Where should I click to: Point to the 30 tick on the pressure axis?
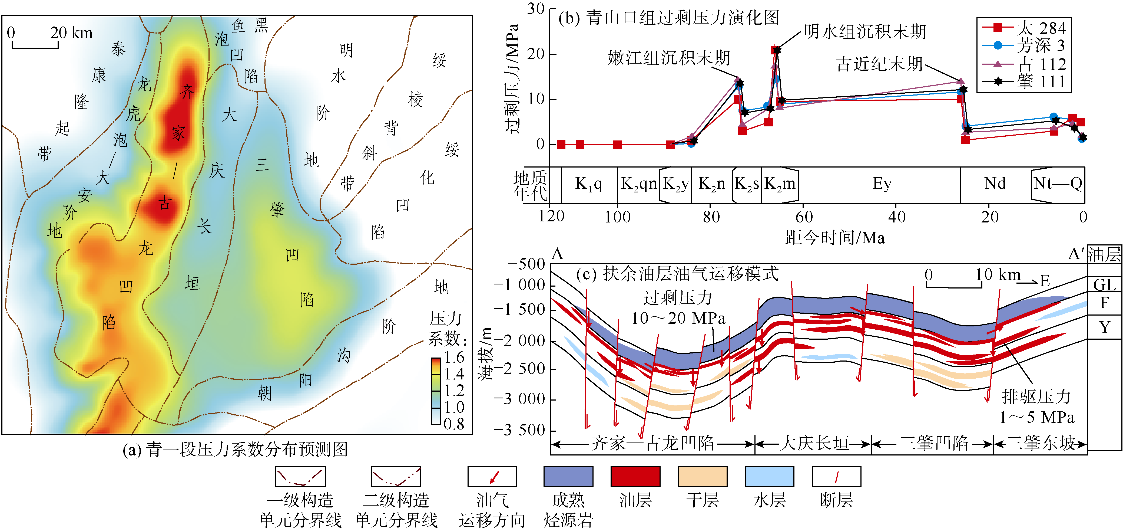(x=535, y=9)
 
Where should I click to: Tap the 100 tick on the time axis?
(x=617, y=217)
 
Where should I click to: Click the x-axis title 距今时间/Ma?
(x=835, y=238)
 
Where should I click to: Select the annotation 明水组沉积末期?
(x=865, y=31)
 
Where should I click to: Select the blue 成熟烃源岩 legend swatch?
(x=568, y=476)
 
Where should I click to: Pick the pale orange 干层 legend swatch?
(x=702, y=476)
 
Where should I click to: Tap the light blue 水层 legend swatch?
(x=770, y=476)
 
